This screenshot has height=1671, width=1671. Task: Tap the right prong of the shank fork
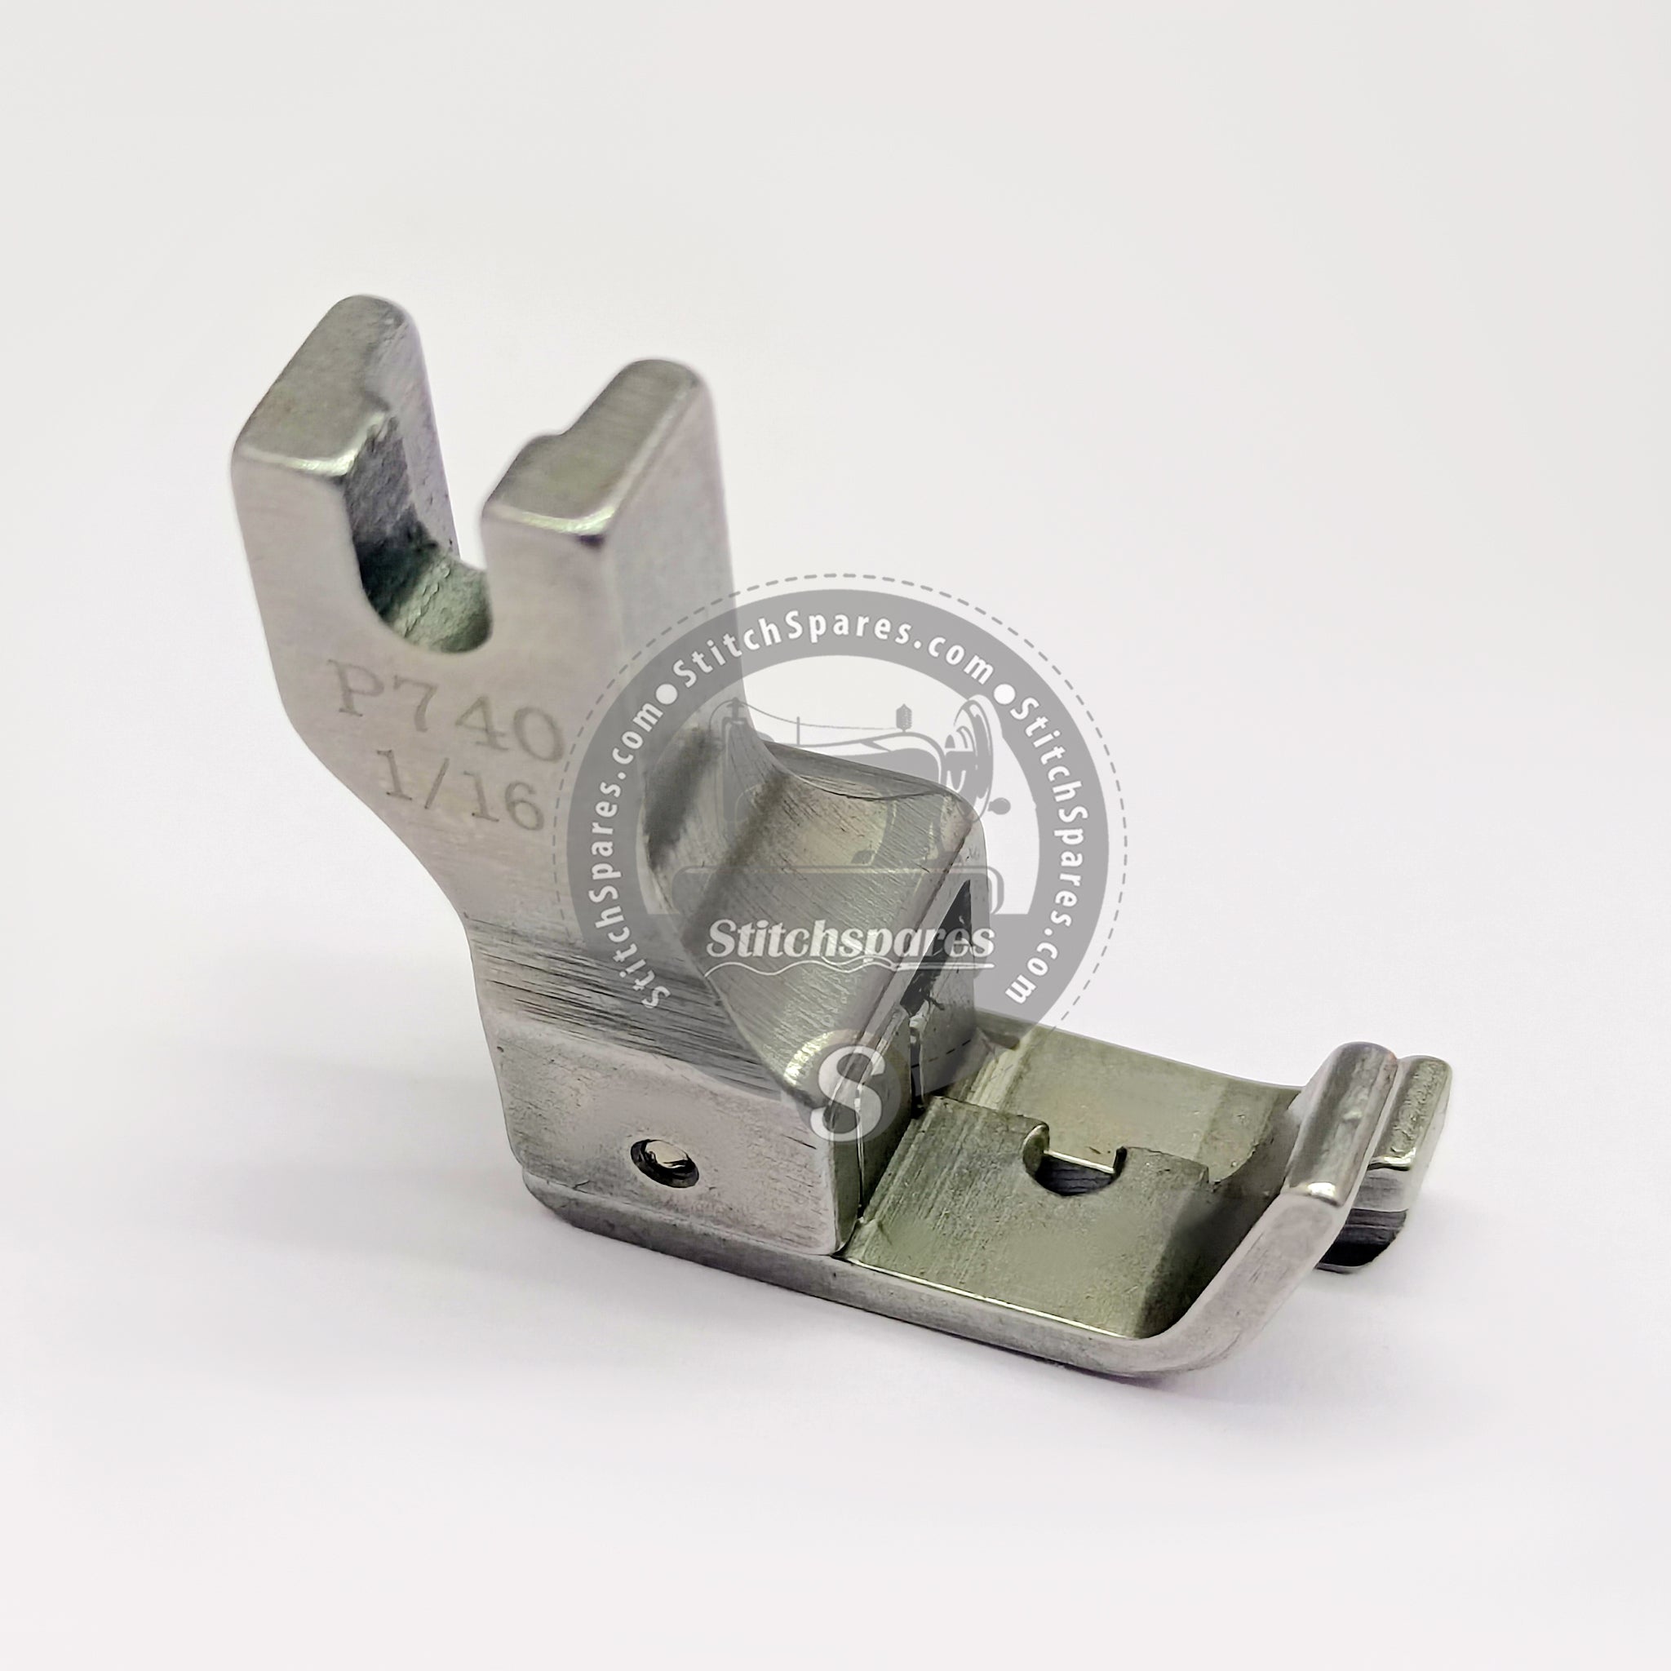596,485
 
